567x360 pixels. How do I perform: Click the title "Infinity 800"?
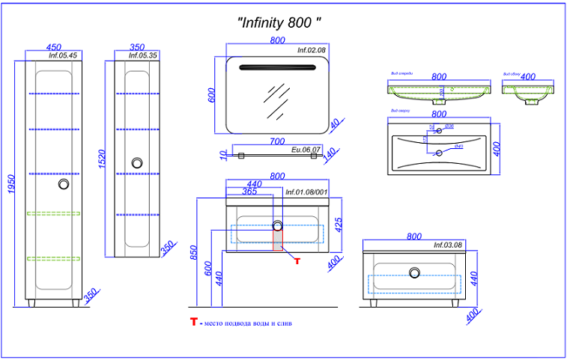(279, 23)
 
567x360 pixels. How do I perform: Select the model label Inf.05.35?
(142, 55)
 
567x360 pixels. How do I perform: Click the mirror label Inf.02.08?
(311, 50)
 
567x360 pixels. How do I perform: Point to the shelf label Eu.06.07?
(306, 150)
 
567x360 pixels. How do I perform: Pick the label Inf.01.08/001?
(307, 192)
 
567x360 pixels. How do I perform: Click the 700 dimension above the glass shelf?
(277, 141)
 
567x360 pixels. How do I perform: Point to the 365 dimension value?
(249, 192)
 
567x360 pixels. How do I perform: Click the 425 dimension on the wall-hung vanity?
(338, 225)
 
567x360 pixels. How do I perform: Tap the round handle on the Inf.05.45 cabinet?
(64, 184)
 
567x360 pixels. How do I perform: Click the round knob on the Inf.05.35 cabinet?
(137, 162)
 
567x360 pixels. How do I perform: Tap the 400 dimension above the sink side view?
(528, 76)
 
